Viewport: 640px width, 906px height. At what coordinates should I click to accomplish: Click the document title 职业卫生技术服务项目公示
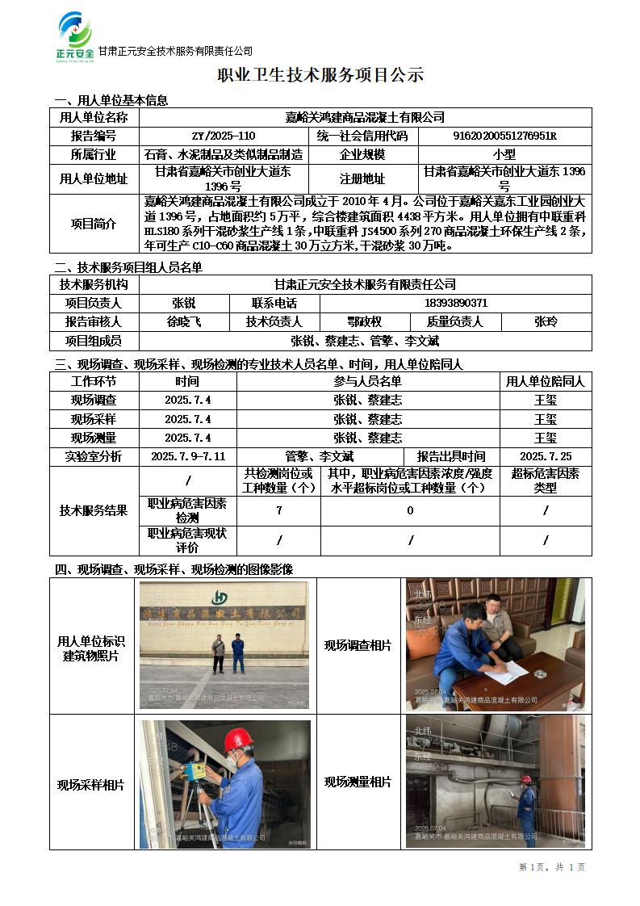[x=320, y=76]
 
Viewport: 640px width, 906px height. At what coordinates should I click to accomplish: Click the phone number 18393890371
[x=455, y=304]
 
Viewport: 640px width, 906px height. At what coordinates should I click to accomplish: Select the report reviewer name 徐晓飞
[x=184, y=322]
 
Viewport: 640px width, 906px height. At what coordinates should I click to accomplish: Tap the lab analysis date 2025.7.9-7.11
[x=188, y=457]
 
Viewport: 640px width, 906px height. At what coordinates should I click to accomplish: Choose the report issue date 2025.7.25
[x=546, y=457]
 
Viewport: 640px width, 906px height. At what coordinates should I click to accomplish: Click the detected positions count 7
[x=278, y=510]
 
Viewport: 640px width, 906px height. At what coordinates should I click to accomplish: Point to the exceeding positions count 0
[x=410, y=510]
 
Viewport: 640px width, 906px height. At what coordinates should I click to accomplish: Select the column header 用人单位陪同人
[x=546, y=381]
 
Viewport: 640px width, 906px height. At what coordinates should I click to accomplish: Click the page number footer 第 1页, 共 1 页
[x=552, y=867]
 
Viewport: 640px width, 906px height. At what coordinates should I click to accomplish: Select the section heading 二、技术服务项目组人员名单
[x=128, y=267]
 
